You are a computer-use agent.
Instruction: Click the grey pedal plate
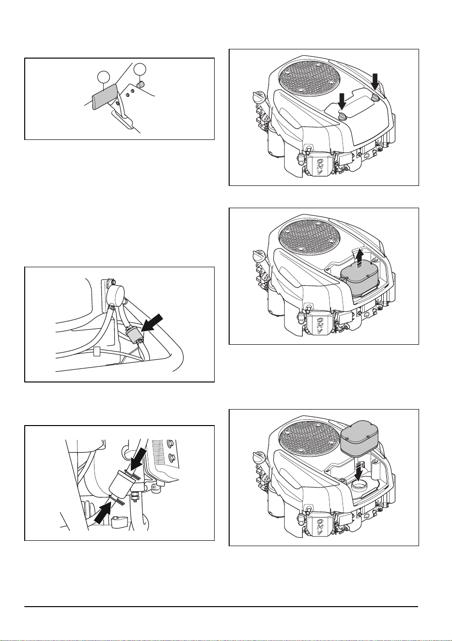click(x=104, y=96)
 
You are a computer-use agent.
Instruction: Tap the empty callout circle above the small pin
click(x=140, y=69)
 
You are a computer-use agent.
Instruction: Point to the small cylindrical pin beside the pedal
click(x=140, y=85)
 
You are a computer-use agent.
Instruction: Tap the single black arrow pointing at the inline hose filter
click(x=153, y=323)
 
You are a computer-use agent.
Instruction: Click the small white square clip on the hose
click(x=97, y=351)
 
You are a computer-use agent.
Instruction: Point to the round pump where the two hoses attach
click(x=116, y=295)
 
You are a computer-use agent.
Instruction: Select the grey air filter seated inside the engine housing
click(x=360, y=281)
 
